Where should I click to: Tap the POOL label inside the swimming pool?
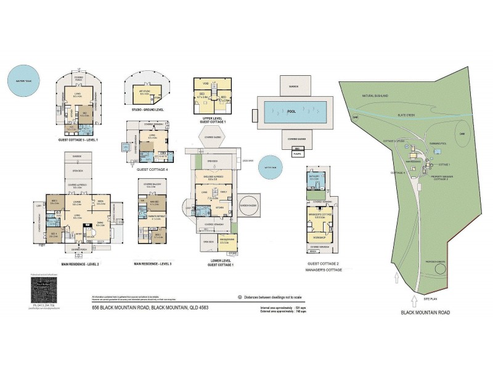point(291,112)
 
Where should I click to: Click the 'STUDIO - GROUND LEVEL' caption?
point(147,109)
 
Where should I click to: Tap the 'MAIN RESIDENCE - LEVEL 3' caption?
point(154,264)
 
